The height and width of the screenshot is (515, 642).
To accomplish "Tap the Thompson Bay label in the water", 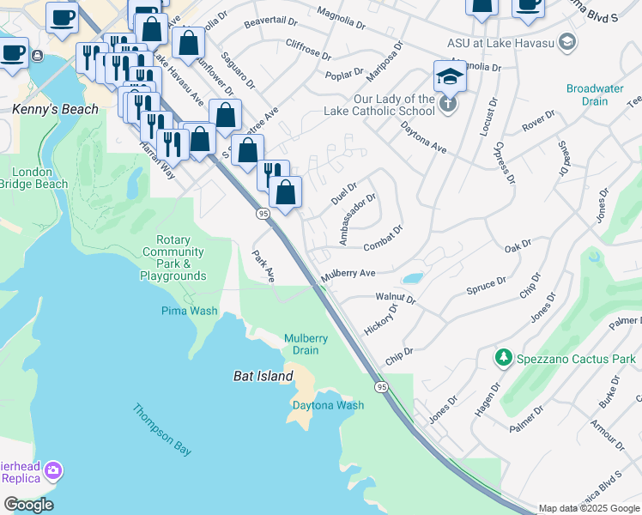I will (161, 429).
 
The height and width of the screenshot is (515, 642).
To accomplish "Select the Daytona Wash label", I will (328, 405).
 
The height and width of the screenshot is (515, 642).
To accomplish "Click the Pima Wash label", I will (190, 311).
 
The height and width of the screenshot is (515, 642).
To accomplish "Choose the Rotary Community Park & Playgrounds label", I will (173, 258).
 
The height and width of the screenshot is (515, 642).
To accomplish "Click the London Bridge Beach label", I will (39, 178).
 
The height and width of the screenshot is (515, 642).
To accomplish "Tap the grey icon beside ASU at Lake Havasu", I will (566, 41).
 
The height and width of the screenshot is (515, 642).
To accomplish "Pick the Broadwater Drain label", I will (600, 94).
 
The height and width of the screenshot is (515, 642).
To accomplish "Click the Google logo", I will (28, 505).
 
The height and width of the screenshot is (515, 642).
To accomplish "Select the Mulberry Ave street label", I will (348, 275).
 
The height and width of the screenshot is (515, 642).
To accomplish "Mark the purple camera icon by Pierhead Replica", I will (53, 470).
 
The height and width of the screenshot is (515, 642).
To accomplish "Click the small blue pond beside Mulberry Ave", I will (412, 278).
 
